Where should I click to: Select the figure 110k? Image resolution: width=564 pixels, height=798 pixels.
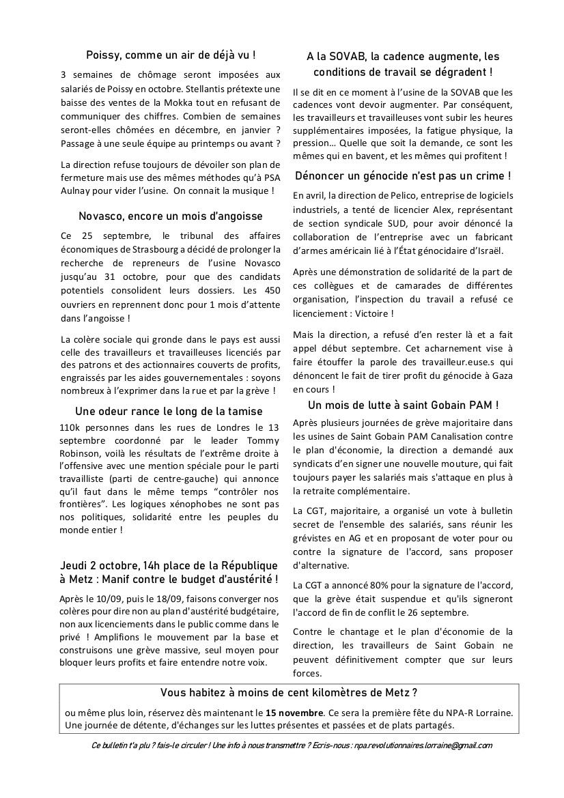click(71, 427)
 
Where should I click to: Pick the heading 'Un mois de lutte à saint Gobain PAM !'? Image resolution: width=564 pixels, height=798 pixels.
click(403, 405)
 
